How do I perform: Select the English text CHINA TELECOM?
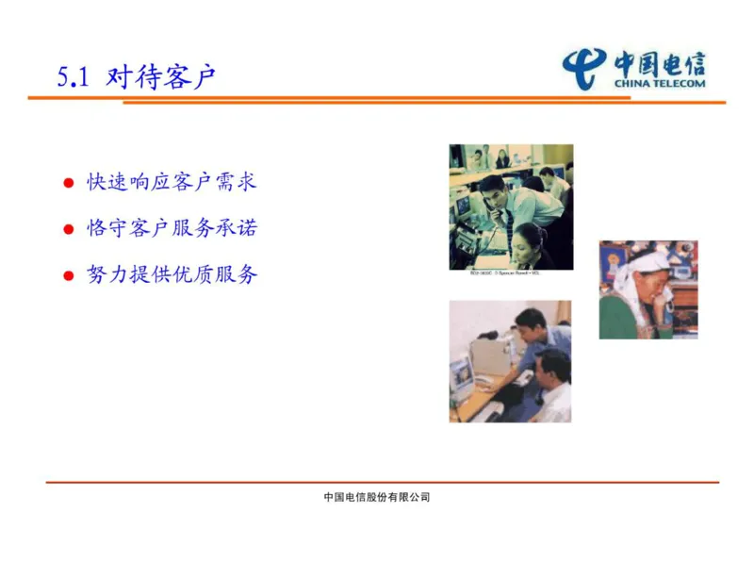tap(659, 83)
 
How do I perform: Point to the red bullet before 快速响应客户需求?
tap(68, 183)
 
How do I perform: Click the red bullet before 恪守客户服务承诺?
tap(68, 229)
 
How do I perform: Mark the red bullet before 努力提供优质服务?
tap(68, 275)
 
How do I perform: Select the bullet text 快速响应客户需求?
tap(172, 182)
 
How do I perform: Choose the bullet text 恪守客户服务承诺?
tap(172, 228)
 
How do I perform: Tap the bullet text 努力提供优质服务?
tap(172, 274)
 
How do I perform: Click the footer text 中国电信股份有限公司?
tap(377, 497)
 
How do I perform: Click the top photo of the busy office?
tap(510, 207)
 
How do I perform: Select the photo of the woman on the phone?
tap(647, 289)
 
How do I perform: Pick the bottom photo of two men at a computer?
tap(509, 361)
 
